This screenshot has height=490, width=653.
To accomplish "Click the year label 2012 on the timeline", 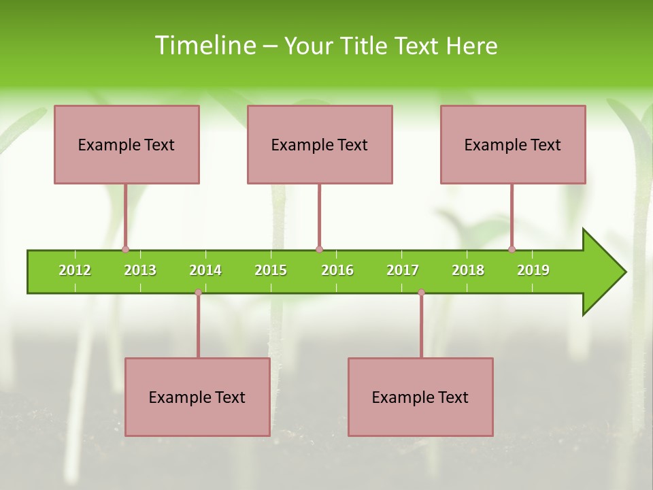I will (x=75, y=270).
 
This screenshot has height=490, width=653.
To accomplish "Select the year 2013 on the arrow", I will (x=140, y=270).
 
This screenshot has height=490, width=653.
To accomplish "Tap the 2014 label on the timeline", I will (x=205, y=270).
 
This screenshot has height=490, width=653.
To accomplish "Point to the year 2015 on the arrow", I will (x=271, y=270).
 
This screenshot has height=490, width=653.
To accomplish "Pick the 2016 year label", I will (x=337, y=270).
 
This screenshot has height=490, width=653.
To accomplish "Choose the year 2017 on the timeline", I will (x=403, y=270).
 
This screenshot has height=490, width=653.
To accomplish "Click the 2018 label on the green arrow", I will (x=468, y=270).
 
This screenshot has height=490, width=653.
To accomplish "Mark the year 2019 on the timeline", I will (x=533, y=270).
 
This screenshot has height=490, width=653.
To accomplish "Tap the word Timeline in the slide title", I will (x=205, y=46).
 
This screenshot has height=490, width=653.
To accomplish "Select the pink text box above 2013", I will (x=127, y=144).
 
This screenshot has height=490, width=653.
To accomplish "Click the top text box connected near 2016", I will (x=320, y=144).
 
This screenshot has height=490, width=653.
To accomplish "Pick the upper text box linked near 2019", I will (x=513, y=144).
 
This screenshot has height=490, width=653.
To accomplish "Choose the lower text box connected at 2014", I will (x=197, y=397).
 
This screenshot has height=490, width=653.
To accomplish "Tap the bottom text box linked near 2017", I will (x=420, y=397).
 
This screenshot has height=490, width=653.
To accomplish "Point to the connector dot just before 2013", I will (x=126, y=250).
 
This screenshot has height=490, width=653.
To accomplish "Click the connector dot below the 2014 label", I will (x=198, y=293).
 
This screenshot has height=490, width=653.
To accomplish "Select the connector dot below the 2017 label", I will (x=421, y=293).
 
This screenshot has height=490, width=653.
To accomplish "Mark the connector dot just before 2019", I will (x=512, y=250).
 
